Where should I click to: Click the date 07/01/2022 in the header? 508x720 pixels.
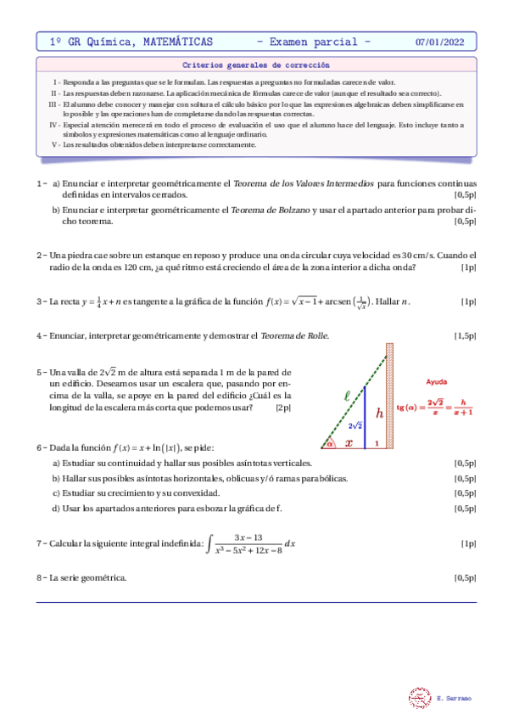(439, 41)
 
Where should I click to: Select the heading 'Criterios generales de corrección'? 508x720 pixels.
(255, 65)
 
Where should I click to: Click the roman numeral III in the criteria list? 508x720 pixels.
(53, 104)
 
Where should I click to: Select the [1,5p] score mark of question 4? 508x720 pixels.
(465, 336)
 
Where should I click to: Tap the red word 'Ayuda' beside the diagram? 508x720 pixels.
(437, 382)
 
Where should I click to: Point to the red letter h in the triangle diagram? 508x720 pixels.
(380, 413)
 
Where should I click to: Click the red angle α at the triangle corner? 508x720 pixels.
(329, 442)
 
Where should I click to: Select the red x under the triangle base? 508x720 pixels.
(348, 443)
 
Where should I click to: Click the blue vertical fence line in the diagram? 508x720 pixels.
(365, 416)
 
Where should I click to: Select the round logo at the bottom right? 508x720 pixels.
(420, 697)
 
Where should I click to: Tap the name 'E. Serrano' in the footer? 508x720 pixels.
(455, 698)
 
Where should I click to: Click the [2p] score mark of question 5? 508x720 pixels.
(283, 408)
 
